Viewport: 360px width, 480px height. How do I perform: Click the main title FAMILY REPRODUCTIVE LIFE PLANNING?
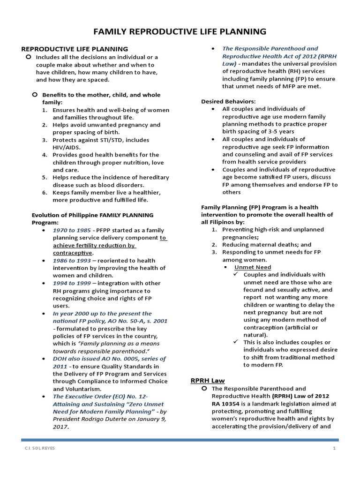(180, 32)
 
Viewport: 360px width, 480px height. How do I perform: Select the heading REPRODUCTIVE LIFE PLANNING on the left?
(75, 49)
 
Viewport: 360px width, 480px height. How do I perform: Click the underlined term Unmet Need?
(253, 267)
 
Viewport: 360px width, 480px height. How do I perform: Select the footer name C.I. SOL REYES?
(40, 449)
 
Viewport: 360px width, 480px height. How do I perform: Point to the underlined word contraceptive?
(73, 253)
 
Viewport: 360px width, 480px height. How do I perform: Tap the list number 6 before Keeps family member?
(44, 193)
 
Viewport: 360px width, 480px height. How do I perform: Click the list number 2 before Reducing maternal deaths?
(214, 245)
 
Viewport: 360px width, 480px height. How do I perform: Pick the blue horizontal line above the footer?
(180, 440)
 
